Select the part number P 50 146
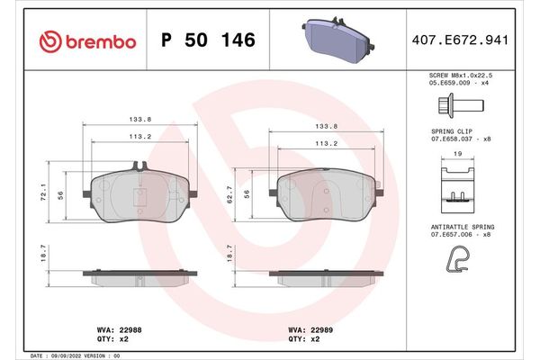[x=207, y=40]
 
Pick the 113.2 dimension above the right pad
[x=325, y=142]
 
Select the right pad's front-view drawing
[x=325, y=194]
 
